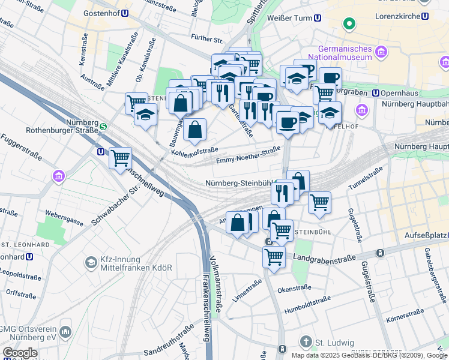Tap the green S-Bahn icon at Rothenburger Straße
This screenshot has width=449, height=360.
pos(103,127)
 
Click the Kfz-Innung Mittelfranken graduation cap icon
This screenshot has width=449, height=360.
pos(91,262)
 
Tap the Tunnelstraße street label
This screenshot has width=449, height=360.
pos(366,178)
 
